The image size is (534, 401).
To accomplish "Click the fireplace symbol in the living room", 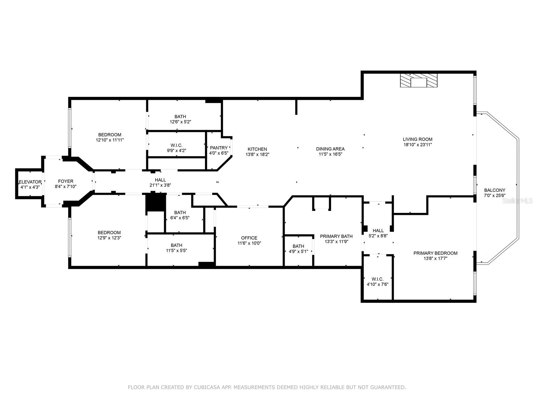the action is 419,80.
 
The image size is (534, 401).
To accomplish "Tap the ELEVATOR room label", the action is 30,182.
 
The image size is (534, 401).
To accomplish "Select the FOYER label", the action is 66,181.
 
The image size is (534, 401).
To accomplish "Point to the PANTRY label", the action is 219,148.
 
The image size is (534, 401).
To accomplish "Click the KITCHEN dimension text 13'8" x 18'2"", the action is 257,154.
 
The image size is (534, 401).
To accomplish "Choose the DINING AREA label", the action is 330,149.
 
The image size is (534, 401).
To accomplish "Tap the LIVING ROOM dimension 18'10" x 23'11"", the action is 418,145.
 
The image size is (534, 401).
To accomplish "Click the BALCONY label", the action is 495,190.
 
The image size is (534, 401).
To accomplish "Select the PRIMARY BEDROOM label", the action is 436,253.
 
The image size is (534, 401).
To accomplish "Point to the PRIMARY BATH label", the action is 336,236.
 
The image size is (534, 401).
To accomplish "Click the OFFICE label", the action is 249,238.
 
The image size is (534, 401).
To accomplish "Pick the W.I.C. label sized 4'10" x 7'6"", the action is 377,279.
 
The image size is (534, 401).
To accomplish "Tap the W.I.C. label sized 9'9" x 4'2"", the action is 176,145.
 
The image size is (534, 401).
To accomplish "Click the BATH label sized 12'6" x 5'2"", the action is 180,117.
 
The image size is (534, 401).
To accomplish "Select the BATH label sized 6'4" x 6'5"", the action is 180,213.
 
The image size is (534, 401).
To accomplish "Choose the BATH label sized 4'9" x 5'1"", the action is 298,246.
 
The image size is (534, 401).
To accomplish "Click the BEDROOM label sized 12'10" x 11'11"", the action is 110,135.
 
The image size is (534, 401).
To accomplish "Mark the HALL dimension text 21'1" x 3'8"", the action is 160,185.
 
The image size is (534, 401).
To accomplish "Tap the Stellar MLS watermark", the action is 517,201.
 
